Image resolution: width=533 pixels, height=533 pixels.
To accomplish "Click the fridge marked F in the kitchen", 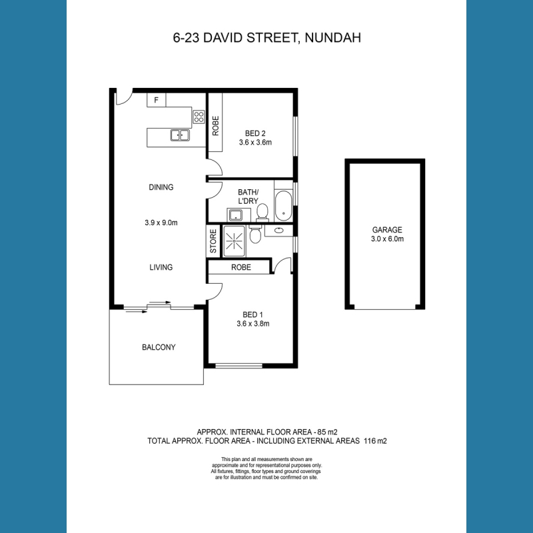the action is tap(157, 100).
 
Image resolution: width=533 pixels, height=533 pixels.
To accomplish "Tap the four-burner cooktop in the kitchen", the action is tap(199, 117).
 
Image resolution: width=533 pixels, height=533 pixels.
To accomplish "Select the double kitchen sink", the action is tap(180, 135).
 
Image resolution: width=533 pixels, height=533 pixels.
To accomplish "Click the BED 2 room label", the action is tap(255, 133).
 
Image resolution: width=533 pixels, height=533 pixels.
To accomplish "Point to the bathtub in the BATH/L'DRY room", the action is tap(283, 206).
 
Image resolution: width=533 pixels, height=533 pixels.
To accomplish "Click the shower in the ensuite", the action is tap(234, 241).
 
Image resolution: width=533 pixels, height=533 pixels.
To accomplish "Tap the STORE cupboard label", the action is tap(213, 241).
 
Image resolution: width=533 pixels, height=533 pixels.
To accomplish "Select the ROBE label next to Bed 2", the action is tap(215, 126).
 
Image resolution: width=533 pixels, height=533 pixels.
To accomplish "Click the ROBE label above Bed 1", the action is tap(241, 267).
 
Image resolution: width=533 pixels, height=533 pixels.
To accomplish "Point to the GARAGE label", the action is tap(387, 230).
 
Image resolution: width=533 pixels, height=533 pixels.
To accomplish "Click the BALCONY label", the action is tap(159, 347).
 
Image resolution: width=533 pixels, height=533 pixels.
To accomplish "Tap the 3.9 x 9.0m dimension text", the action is tap(161, 223).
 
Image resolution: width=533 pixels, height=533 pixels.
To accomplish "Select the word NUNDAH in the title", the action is tap(332, 38).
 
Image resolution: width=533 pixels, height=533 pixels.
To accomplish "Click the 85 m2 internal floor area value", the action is tap(327, 432).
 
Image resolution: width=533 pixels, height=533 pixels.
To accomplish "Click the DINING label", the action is tap(161, 187).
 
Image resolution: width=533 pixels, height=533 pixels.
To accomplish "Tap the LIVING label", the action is tap(161, 267).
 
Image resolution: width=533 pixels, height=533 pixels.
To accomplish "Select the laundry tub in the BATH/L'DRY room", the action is tap(235, 215).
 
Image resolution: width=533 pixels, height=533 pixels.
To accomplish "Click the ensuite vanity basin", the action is tap(278, 231).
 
